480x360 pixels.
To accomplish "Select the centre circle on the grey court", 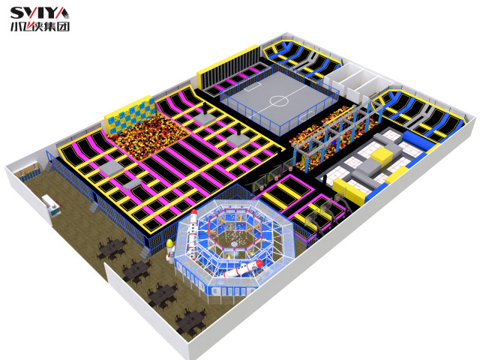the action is pos(278,100).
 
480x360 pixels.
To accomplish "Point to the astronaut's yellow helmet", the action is pos(169,243).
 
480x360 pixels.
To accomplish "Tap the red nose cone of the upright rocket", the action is pos(193,213).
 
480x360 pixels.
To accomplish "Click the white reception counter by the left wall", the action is pos(51,204).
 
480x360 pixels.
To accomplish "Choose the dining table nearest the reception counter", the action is pos(112,248).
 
